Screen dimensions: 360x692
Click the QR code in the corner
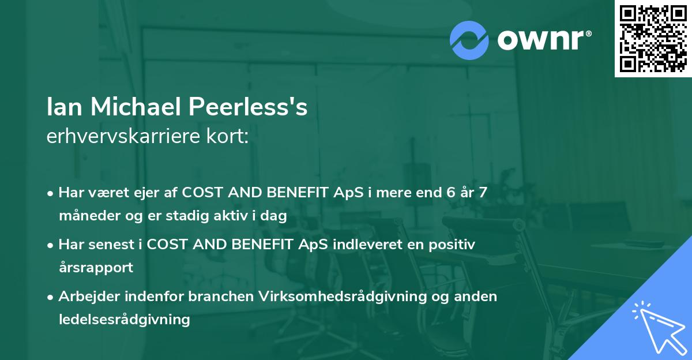point(653,39)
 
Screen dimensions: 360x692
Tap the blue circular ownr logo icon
point(469,40)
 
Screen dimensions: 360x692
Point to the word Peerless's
point(247,107)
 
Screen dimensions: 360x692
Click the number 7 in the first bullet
point(483,193)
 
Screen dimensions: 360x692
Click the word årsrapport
point(96,267)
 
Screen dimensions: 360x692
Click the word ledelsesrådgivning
point(124,319)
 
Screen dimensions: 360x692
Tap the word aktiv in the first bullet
point(234,216)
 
